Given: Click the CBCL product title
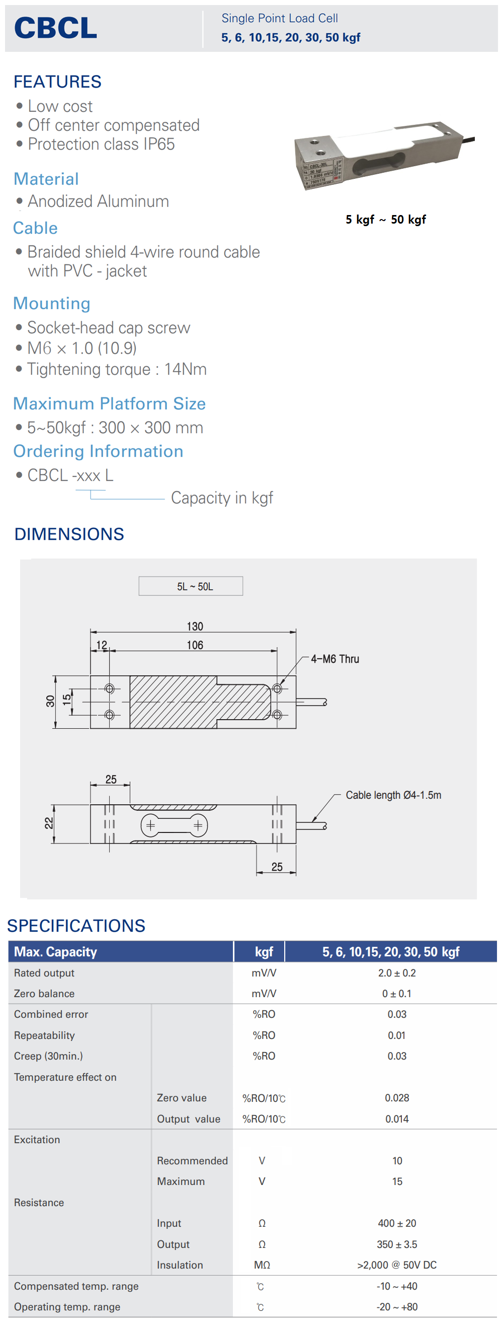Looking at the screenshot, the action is pos(55,28).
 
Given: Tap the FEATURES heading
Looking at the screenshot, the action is pos(58,82).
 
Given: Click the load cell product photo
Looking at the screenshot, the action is pos(384,156).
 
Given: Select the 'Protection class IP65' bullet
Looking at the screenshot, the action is pos(101,144).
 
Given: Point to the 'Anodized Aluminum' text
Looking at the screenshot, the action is pos(98,201).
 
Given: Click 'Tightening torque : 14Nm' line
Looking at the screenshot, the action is pos(117,369).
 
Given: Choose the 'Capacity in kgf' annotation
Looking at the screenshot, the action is pos(222,498).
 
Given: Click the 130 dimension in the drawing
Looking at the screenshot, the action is pos(195,626).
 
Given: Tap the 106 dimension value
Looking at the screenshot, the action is pos(195,645).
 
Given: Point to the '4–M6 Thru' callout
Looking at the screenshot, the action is pos(335,659).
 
